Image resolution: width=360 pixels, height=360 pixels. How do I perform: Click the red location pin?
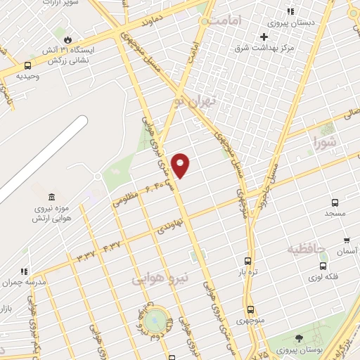tap(181, 165)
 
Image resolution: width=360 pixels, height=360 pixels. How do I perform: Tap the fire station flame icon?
tap(67, 39)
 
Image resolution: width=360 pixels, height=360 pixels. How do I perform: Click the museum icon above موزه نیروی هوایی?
tap(52, 197)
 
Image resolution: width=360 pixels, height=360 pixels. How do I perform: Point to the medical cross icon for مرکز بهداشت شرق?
tap(264, 37)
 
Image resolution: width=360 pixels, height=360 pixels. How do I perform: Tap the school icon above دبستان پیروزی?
tap(290, 11)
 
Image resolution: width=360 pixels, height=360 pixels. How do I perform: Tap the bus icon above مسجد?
tap(334, 200)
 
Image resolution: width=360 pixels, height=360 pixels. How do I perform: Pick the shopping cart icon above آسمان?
tap(345, 240)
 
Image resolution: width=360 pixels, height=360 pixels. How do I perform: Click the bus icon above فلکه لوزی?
tap(323, 266)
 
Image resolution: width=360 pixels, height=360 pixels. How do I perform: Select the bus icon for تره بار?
tap(247, 261)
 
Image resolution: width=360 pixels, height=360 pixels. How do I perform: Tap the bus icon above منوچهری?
tap(250, 309)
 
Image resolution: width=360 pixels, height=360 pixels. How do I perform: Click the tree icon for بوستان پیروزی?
tap(299, 338)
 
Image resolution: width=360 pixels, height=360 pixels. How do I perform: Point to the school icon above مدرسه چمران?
tap(25, 271)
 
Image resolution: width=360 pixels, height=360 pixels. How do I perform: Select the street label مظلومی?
tap(125, 200)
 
